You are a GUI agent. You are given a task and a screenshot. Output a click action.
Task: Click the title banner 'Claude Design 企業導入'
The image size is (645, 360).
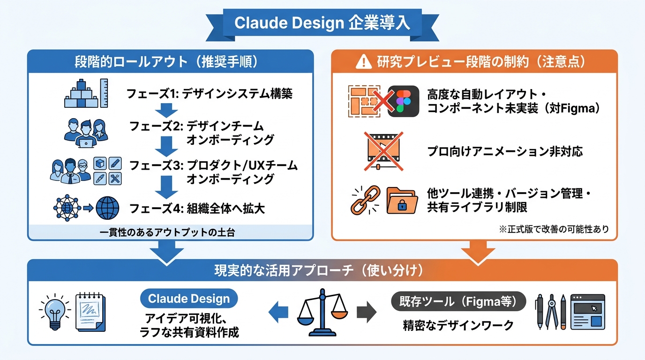coord(322,23)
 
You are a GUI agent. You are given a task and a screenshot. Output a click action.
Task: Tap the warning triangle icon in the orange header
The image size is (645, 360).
coord(363,62)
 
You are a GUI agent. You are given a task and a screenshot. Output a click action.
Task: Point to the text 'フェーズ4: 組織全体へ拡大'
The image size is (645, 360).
coord(197,208)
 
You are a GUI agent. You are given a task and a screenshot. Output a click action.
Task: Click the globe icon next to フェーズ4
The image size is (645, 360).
coord(107,208)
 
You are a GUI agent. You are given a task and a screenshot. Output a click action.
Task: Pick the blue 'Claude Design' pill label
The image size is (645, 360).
coord(189,299)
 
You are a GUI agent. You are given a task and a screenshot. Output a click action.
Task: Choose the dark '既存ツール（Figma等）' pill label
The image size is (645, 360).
coord(458,301)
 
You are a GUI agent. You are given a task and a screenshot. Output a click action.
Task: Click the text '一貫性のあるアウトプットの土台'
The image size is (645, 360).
coord(170,232)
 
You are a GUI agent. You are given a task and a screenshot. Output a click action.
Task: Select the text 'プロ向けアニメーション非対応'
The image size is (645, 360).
coord(505,151)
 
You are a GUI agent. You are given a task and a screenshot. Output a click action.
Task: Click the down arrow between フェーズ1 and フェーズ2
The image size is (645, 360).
coord(166,111)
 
